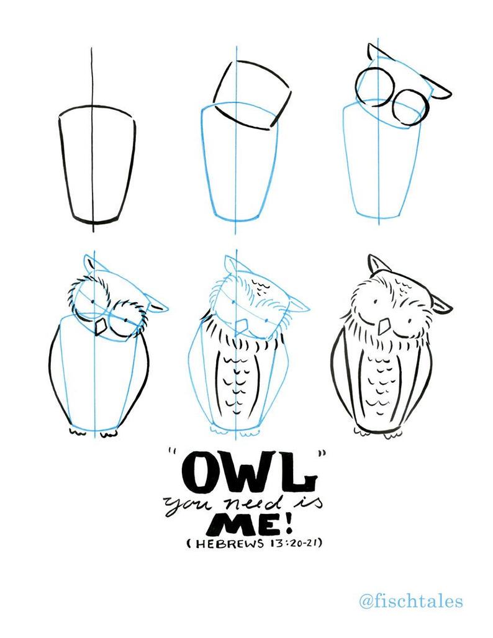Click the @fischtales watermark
[x=411, y=601]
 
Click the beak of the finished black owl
[x=385, y=325]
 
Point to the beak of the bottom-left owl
[x=99, y=326]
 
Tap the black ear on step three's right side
[x=440, y=91]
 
